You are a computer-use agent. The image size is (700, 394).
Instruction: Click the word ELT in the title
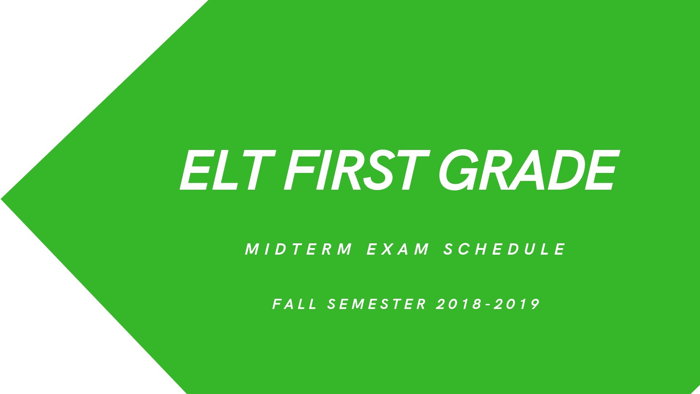227,170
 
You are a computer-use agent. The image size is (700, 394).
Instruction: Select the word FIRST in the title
356,170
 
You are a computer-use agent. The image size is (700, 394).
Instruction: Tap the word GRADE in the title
528,170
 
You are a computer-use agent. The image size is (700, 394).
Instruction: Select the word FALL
295,304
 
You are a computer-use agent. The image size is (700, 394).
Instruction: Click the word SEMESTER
377,304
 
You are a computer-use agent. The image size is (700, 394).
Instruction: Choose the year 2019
517,304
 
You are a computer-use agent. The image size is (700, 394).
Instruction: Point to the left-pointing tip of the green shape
1,199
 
